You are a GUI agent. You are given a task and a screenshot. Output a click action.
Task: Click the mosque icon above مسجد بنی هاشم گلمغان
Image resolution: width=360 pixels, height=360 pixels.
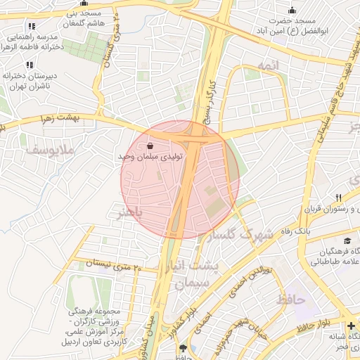coord(84,4)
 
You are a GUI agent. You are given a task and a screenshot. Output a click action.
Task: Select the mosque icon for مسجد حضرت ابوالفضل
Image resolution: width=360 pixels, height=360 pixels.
coord(292,10)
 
